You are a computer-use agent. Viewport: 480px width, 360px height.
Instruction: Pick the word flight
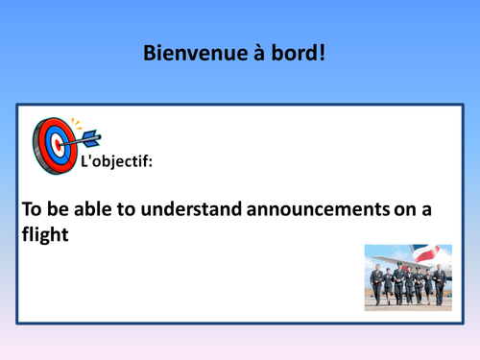pyautogui.click(x=45, y=234)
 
